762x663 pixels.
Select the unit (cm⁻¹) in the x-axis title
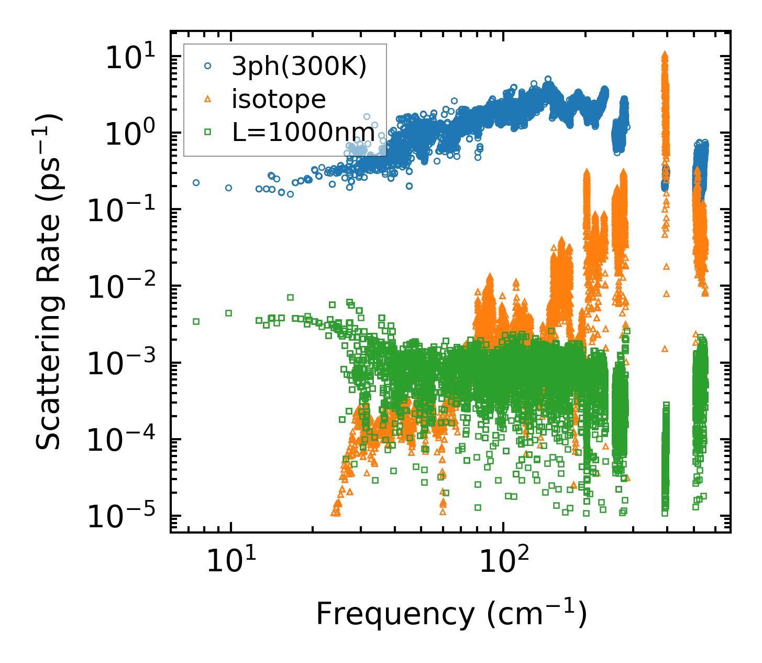pos(536,614)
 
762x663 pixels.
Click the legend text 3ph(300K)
pos(299,67)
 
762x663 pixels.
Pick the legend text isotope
pos(279,99)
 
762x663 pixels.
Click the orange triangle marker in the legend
pos(208,99)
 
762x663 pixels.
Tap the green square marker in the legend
pos(208,132)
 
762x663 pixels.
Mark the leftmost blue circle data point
pos(196,182)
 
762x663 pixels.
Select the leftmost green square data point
pos(196,321)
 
